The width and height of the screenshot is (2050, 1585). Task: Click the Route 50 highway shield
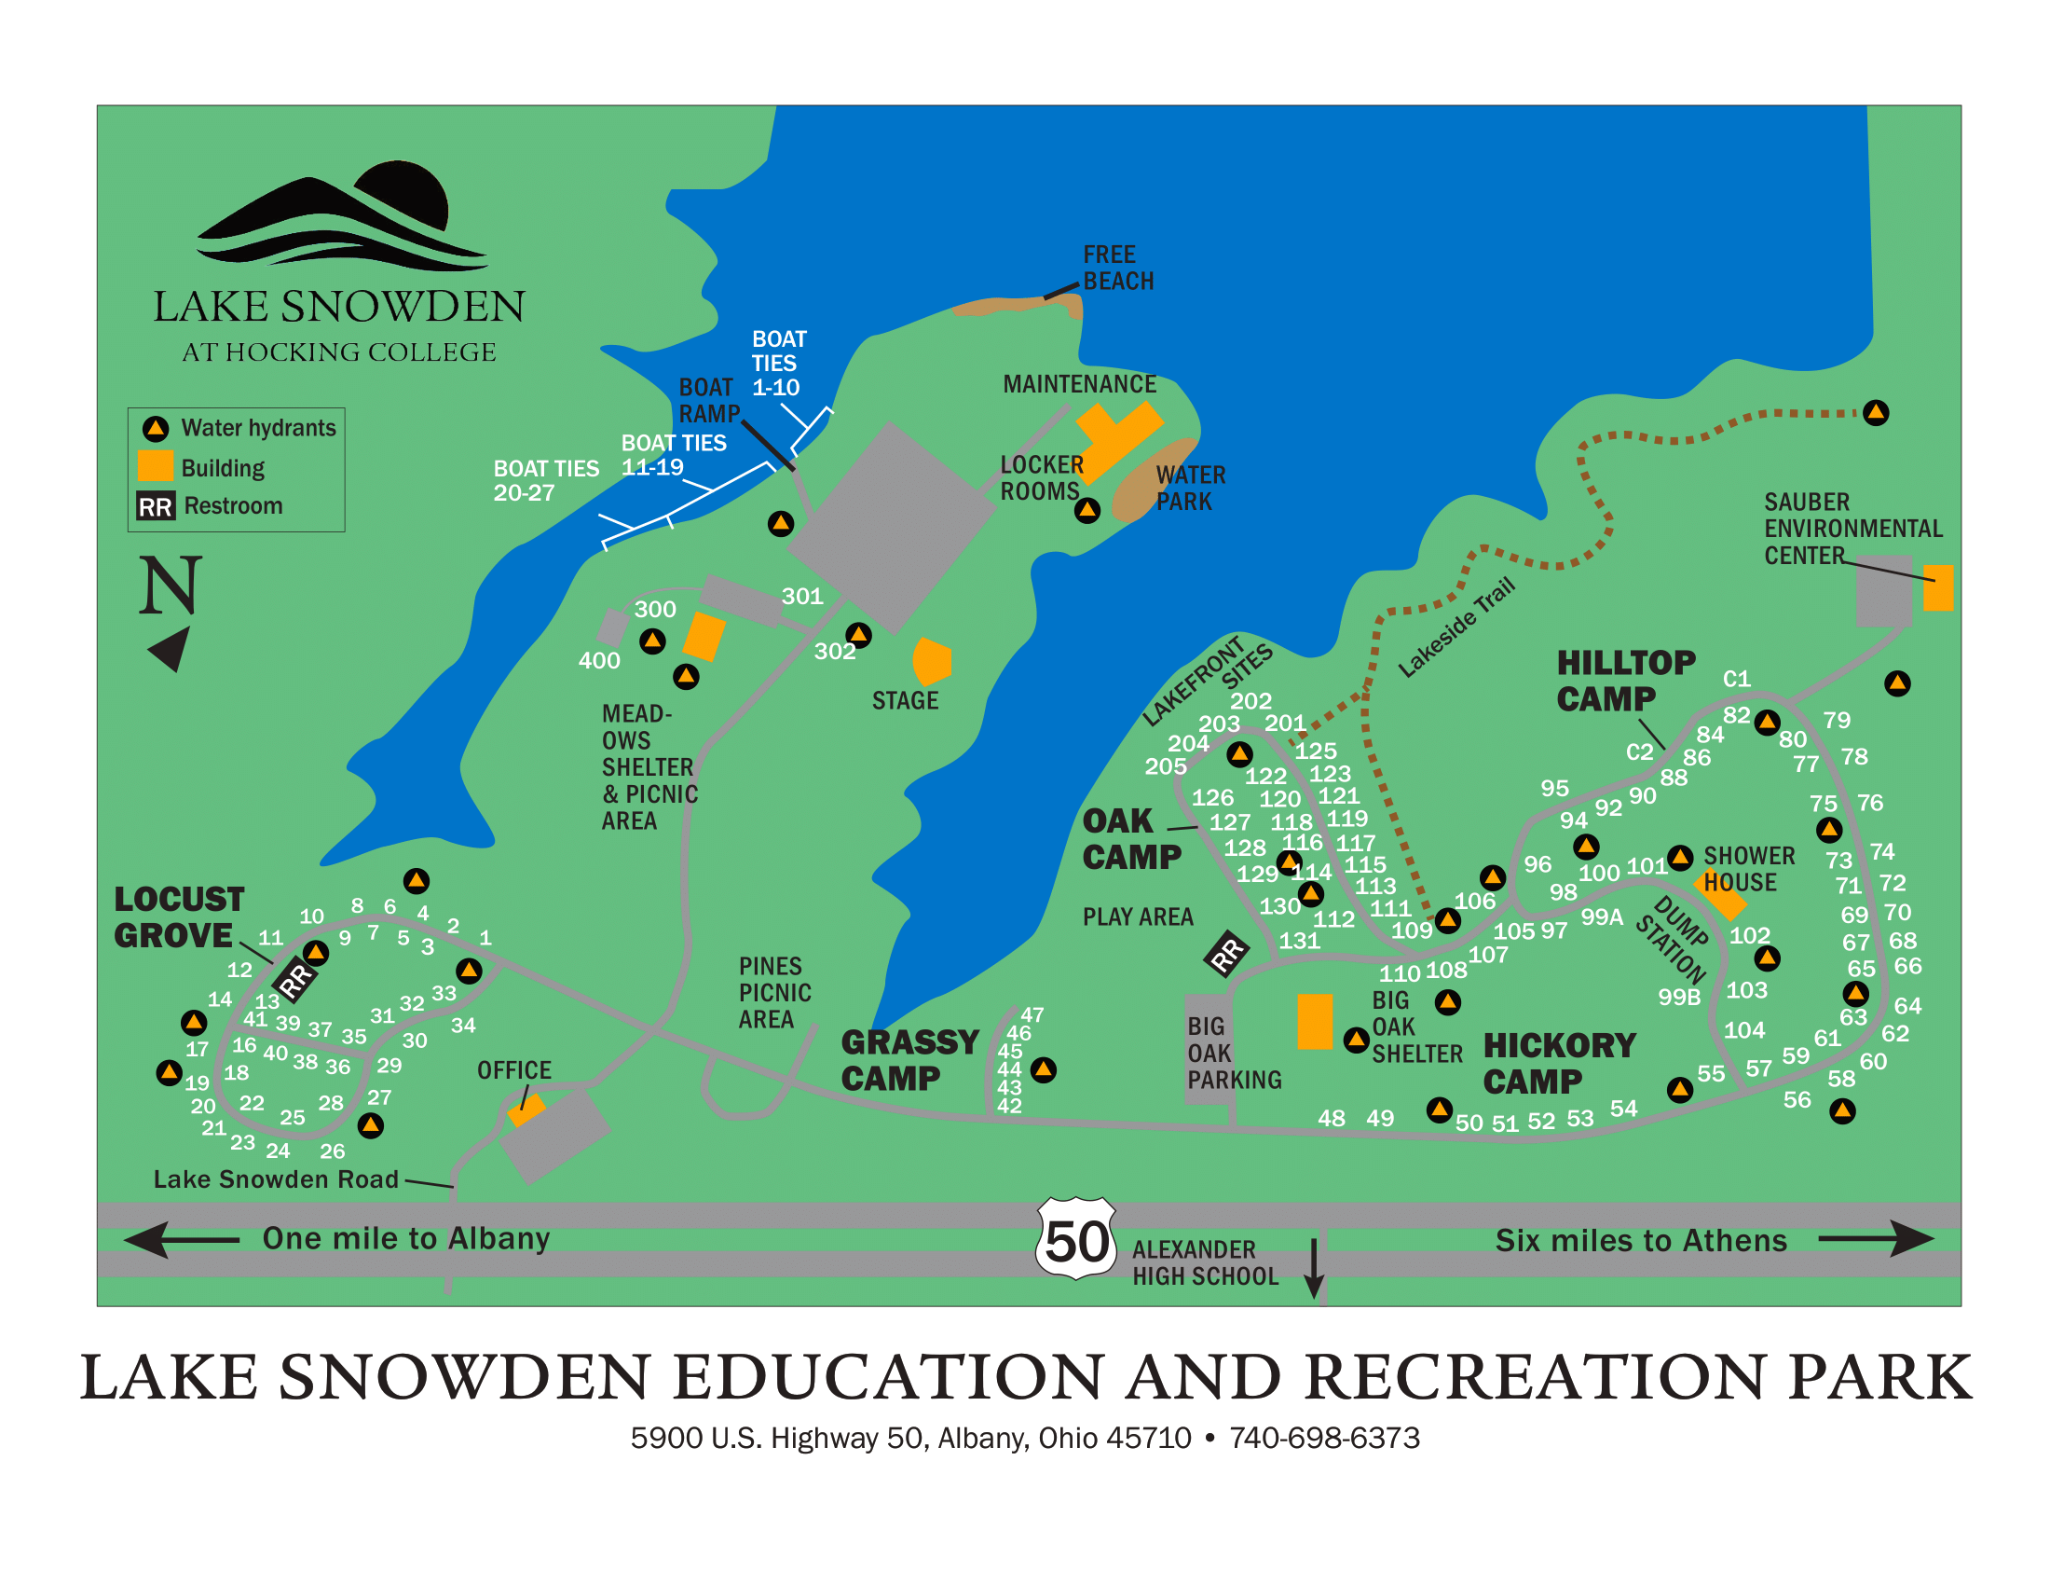tap(1075, 1238)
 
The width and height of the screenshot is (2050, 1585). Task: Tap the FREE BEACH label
tap(1118, 268)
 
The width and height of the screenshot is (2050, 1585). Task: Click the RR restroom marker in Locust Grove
tap(295, 980)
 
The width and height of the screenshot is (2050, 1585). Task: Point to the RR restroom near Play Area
tap(1226, 954)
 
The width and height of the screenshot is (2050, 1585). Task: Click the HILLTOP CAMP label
tap(1624, 681)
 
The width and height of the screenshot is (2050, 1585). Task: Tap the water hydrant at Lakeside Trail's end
tap(1875, 412)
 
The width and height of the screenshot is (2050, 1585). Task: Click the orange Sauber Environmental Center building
tap(1937, 587)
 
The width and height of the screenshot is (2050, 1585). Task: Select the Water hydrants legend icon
tap(155, 428)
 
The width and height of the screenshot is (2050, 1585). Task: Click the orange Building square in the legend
tap(155, 466)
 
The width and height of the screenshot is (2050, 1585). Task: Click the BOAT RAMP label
tap(709, 401)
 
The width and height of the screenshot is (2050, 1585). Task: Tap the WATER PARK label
tap(1189, 489)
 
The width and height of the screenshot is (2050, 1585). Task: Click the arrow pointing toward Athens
tap(1875, 1238)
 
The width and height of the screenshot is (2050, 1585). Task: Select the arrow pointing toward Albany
tap(181, 1239)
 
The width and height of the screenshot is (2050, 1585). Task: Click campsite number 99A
tap(1601, 917)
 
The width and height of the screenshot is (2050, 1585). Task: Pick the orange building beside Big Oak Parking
tap(1314, 1021)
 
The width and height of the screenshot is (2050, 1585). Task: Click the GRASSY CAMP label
tap(909, 1060)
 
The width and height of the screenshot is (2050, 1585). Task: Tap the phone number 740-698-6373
tap(1323, 1438)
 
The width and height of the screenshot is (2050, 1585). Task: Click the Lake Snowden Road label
tap(276, 1179)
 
